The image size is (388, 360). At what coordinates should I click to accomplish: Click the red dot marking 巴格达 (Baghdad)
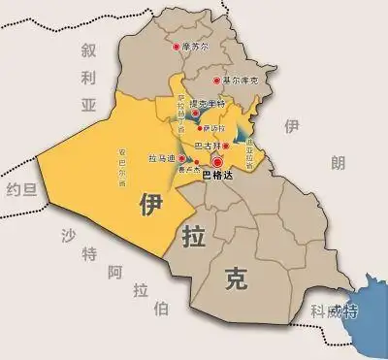[x=218, y=164]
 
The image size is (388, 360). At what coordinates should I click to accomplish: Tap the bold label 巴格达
[x=217, y=178]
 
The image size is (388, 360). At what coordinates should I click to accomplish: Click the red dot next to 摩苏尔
[x=176, y=46]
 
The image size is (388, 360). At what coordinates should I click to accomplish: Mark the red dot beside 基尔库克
[x=216, y=80]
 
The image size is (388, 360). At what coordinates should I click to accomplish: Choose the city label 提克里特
[x=206, y=104]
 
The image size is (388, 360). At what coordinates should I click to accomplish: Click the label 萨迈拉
[x=213, y=127]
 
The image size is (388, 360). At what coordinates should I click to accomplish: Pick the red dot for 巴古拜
[x=226, y=146]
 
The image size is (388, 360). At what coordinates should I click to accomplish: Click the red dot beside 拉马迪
[x=179, y=157]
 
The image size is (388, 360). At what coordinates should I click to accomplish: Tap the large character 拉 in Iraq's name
[x=192, y=236]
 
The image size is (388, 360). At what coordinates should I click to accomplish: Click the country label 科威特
[x=333, y=311]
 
